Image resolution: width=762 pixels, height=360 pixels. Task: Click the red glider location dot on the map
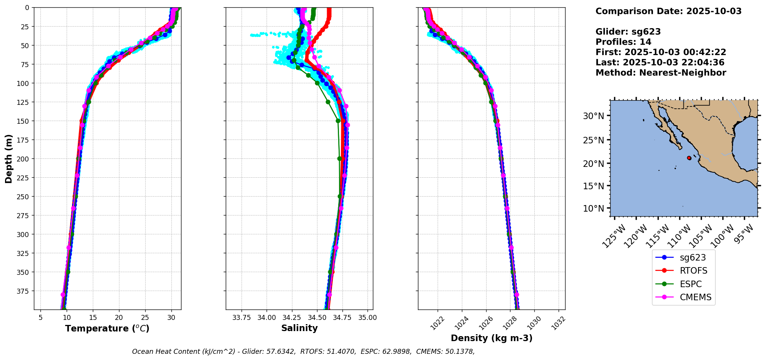coord(689,158)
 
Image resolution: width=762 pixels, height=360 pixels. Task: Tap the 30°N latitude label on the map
coord(593,116)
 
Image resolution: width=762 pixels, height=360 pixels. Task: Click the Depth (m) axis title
coord(8,158)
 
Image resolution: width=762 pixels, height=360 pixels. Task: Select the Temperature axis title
coord(107,328)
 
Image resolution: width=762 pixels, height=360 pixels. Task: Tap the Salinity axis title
coord(299,328)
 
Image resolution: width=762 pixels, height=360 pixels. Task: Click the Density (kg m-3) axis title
coord(492,338)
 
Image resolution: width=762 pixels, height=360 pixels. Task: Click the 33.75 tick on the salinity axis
coord(242,318)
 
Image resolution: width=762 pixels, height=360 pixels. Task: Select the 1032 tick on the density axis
coord(558,323)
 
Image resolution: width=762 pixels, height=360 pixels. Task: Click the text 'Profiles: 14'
coord(623,42)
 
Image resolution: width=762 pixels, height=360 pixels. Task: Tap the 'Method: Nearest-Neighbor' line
coord(661,73)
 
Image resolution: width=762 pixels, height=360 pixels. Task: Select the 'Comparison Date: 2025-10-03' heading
coord(668,11)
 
